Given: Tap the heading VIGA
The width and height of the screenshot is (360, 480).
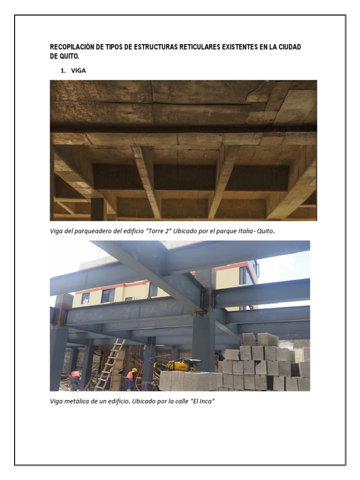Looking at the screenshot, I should tap(78, 71).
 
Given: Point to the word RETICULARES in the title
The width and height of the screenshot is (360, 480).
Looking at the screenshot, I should tap(188, 47).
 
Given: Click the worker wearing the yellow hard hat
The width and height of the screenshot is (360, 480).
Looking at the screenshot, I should tap(131, 378).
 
